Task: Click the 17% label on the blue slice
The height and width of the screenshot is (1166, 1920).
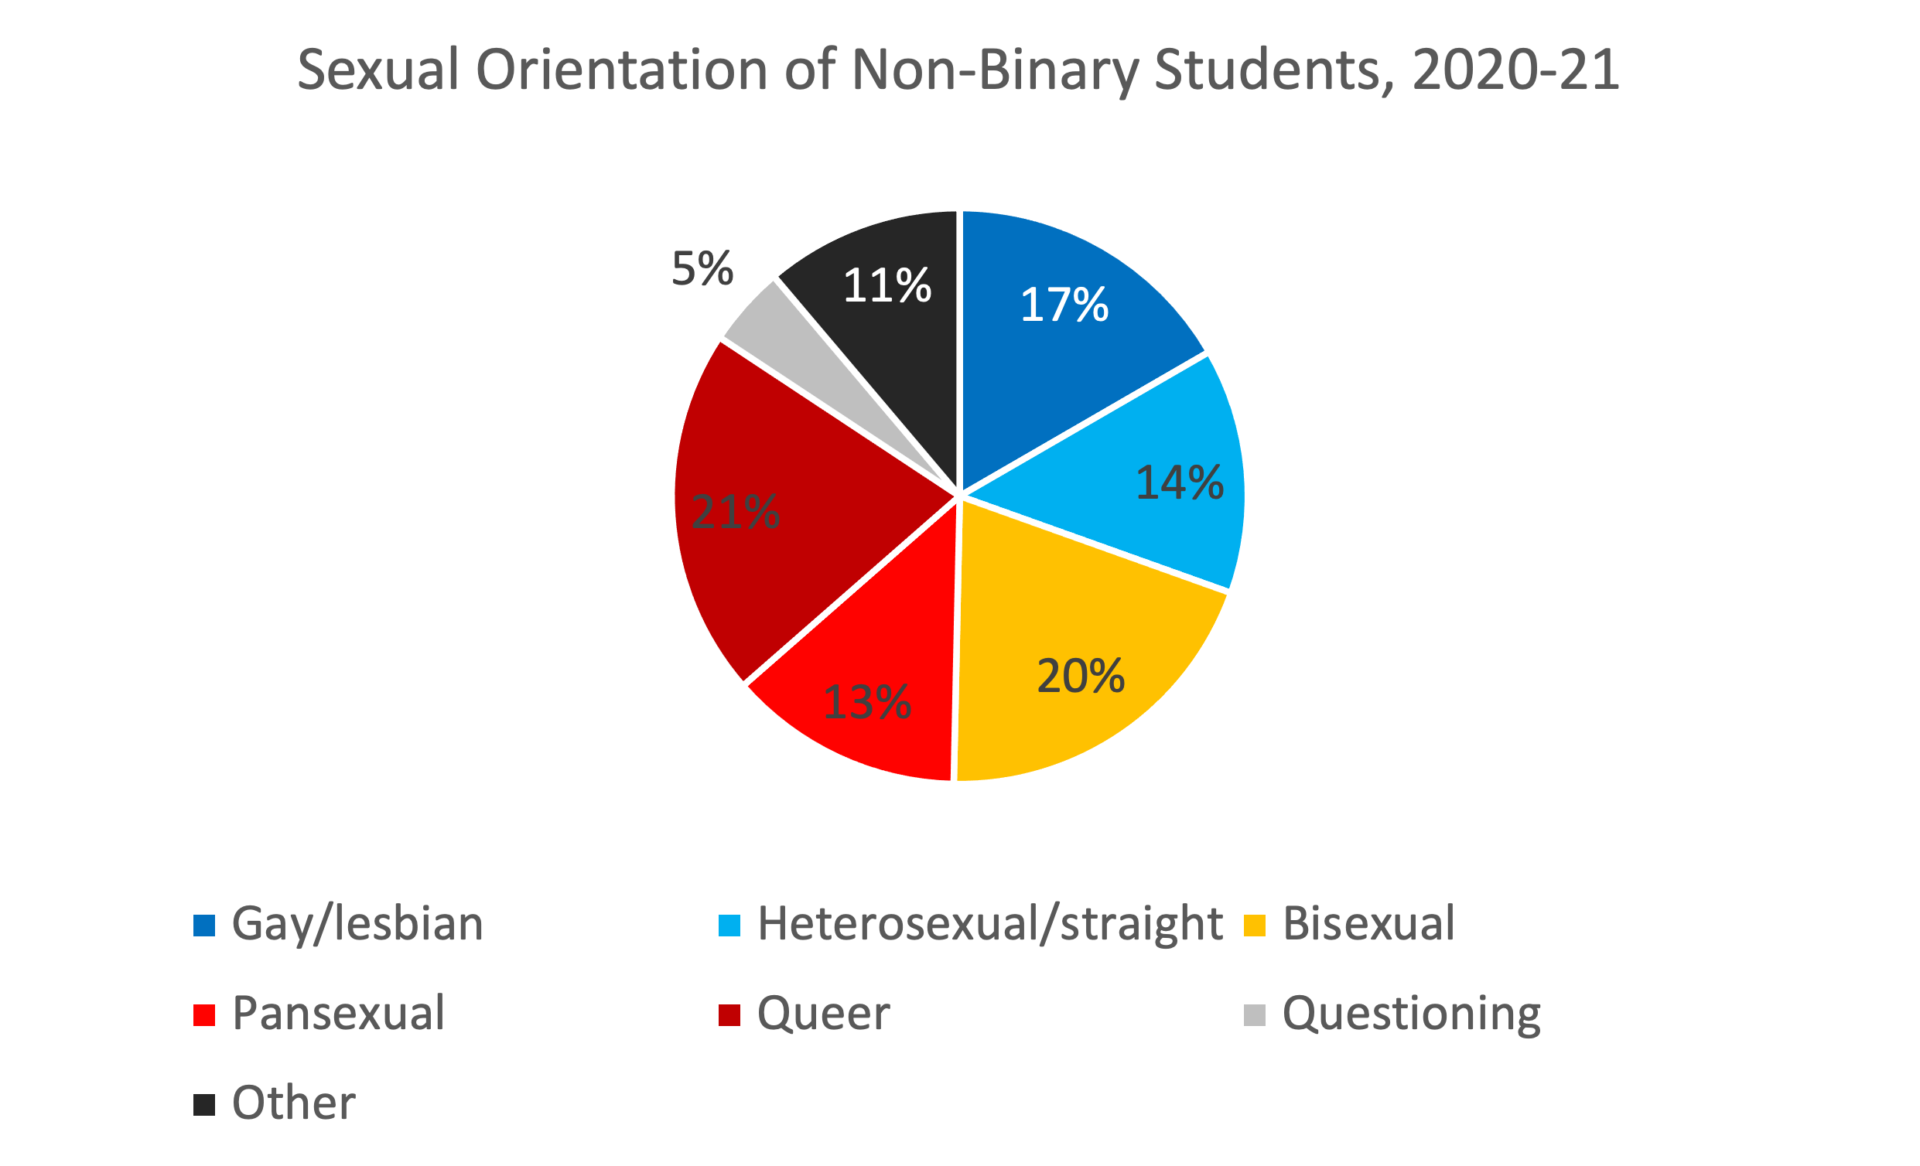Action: [1064, 305]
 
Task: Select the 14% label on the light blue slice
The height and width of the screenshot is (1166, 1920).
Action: [1179, 483]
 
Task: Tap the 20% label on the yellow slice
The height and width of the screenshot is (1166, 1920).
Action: [1080, 676]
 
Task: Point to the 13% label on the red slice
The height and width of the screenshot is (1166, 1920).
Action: [866, 703]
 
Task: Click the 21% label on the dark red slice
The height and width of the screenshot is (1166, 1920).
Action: [735, 513]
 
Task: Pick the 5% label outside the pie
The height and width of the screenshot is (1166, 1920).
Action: [702, 269]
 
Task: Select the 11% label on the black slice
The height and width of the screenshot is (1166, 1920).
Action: [887, 286]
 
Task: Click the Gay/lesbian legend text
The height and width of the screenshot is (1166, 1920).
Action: [357, 925]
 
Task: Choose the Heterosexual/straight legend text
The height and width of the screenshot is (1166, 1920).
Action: [989, 925]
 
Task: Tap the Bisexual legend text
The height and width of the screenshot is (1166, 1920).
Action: [1368, 925]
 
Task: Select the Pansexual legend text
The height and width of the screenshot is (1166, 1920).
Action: [338, 1014]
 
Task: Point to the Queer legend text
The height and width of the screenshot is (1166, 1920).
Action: [823, 1014]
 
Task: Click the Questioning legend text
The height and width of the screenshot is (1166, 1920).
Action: [1411, 1014]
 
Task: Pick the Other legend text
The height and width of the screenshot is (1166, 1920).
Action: [294, 1103]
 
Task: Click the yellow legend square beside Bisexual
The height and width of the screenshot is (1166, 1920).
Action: [1255, 926]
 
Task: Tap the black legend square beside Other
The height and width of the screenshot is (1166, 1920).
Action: [204, 1105]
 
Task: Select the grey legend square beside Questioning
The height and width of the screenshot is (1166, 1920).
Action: [1255, 1016]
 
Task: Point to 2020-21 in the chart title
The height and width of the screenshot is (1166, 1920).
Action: [1515, 70]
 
